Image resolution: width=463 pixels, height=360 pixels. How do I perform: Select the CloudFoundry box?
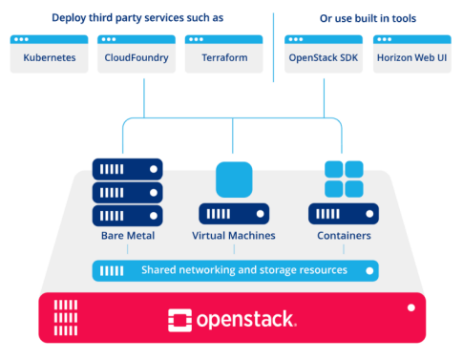click(x=136, y=54)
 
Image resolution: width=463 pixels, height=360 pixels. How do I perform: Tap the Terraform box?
click(x=224, y=54)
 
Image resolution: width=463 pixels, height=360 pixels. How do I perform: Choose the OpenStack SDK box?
click(x=323, y=54)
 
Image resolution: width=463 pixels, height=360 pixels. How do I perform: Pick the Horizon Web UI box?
click(x=411, y=54)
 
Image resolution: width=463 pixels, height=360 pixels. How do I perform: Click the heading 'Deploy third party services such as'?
click(x=138, y=18)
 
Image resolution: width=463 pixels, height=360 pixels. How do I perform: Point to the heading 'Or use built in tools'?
click(x=367, y=18)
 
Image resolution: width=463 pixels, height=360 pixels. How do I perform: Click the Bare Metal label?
click(x=127, y=235)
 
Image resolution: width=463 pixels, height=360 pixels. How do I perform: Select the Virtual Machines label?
click(x=234, y=235)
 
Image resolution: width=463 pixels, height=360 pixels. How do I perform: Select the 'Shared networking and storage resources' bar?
click(x=234, y=270)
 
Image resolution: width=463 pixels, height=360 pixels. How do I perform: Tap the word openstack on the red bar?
click(x=246, y=318)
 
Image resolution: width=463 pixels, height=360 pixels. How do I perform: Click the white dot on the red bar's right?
click(x=411, y=307)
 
